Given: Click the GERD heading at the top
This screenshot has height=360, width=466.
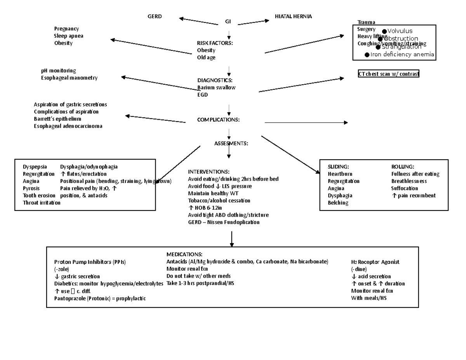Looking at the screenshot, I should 155,16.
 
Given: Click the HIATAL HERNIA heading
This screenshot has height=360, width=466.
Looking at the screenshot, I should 293,16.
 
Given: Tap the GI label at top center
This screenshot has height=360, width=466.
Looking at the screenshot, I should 228,22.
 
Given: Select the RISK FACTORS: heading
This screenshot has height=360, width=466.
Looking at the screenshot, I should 215,43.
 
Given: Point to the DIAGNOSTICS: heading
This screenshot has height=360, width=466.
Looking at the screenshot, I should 215,80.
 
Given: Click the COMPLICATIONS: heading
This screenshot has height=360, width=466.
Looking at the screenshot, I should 218,120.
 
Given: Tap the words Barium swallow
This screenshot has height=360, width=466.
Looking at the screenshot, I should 216,88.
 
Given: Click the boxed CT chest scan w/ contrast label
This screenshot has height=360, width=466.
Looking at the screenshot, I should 388,74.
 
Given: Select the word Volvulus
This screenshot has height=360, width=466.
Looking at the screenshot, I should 400,31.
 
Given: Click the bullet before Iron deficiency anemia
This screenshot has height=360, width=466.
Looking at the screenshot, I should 367,55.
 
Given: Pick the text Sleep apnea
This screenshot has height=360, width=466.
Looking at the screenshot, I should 69,36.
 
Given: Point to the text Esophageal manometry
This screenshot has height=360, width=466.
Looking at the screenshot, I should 70,78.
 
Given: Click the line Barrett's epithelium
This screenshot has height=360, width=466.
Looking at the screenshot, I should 57,119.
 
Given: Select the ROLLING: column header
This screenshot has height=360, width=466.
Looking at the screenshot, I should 403,167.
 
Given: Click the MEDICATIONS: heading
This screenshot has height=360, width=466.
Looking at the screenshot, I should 184,254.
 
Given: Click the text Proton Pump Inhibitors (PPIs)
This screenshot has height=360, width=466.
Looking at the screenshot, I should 90,262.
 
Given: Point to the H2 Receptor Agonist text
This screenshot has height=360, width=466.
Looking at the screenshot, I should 375,262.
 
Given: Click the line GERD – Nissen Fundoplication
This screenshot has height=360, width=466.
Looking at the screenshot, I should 224,222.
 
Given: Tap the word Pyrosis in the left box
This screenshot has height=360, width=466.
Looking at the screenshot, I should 31,188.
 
